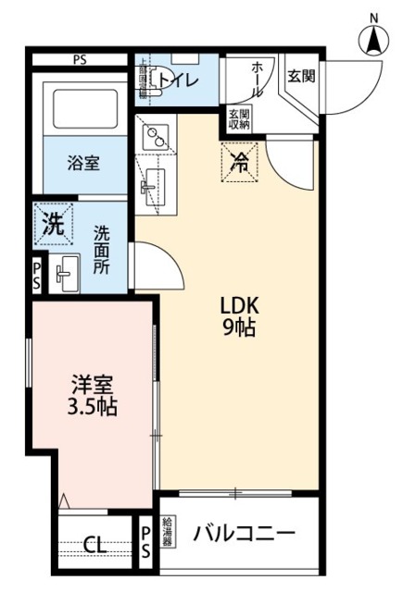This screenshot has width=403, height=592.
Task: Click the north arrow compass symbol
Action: tap(373, 39)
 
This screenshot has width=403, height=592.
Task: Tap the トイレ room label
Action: tap(177, 80)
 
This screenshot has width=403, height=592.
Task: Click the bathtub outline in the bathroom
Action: tap(84, 109)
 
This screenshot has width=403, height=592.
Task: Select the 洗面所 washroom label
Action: tap(101, 249)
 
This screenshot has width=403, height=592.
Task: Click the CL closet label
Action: tap(94, 544)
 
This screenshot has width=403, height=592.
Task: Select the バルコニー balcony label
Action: tap(245, 534)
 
